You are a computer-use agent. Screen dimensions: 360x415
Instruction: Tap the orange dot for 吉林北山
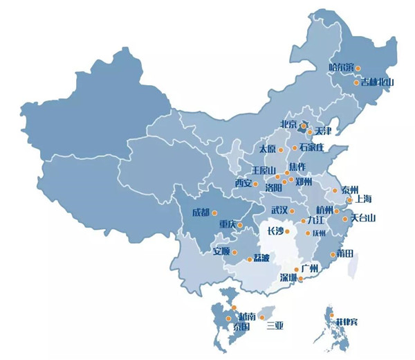point(357,82)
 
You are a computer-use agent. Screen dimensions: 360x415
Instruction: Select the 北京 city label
point(288,125)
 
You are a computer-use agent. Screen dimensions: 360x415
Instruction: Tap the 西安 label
point(243,183)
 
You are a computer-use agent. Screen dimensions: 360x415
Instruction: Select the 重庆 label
point(228,224)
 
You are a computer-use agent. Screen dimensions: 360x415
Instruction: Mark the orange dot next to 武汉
point(293,210)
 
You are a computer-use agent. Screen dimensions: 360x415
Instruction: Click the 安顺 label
point(221,251)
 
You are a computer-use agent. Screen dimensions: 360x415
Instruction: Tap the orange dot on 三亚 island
point(261,318)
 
